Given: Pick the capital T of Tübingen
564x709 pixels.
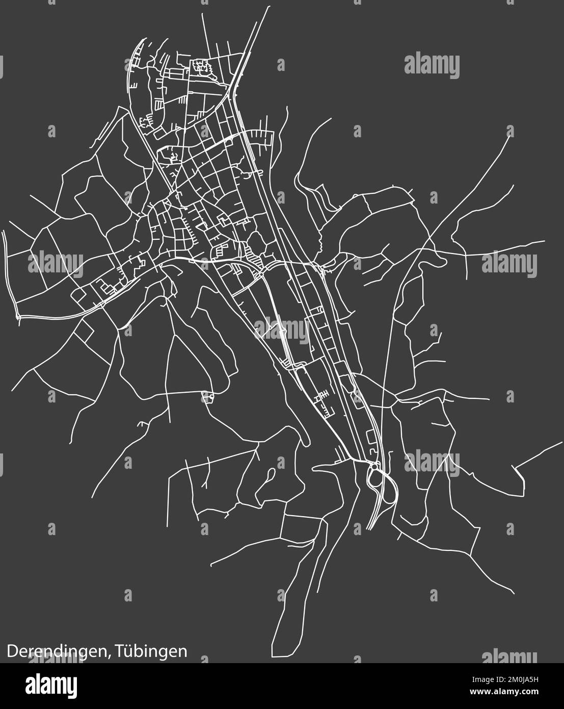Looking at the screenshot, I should tap(120, 651).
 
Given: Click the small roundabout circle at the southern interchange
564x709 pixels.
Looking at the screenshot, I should tap(374, 466).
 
